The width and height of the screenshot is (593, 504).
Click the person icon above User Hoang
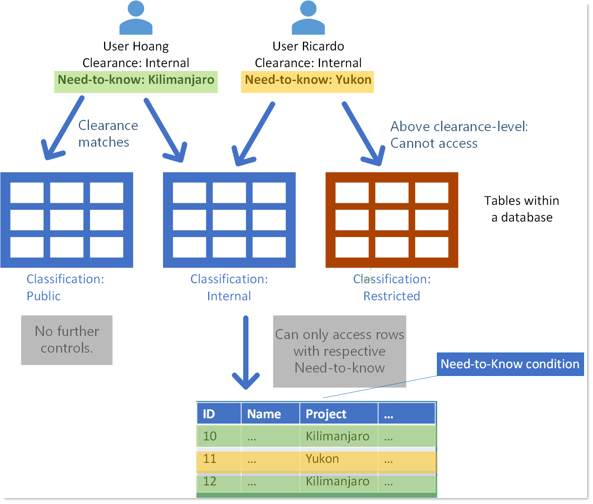click(136, 18)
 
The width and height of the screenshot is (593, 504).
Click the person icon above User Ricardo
click(308, 18)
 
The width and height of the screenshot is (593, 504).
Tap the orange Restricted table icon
click(391, 220)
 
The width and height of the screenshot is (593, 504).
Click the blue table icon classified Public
click(67, 220)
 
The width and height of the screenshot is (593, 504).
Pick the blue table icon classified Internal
click(229, 220)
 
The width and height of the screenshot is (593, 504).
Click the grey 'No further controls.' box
click(67, 340)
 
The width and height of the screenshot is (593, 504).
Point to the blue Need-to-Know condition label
click(510, 364)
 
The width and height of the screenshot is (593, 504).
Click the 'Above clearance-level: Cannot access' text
click(459, 135)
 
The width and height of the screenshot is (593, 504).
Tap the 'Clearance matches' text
click(108, 134)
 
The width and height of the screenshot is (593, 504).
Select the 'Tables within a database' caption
click(521, 209)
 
